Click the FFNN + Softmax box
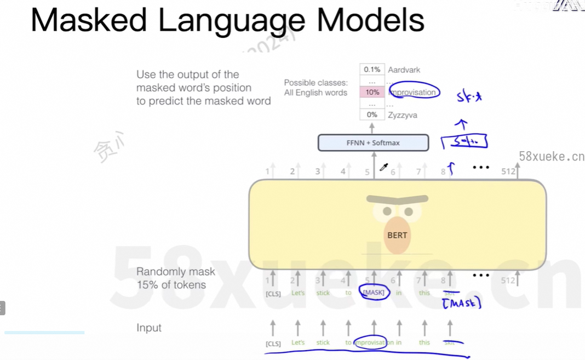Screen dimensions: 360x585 pos(373,142)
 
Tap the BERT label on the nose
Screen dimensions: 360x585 pos(397,235)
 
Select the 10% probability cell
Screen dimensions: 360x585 pos(372,93)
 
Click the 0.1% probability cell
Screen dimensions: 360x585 pos(372,70)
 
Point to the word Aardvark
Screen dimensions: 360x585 pos(404,70)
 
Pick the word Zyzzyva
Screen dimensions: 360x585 pos(403,115)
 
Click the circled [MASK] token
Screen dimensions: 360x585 pos(374,293)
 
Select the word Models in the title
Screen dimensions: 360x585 pos(370,21)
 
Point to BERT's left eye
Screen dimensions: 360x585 pos(388,211)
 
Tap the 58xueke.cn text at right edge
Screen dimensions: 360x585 pos(551,157)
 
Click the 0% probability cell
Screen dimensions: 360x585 pos(372,115)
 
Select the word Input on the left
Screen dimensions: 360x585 pos(149,328)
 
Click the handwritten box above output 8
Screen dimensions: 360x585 pos(464,142)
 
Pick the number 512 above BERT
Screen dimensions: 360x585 pos(508,172)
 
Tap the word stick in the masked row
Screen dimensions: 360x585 pos(323,293)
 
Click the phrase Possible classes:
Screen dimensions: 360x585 pos(316,83)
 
